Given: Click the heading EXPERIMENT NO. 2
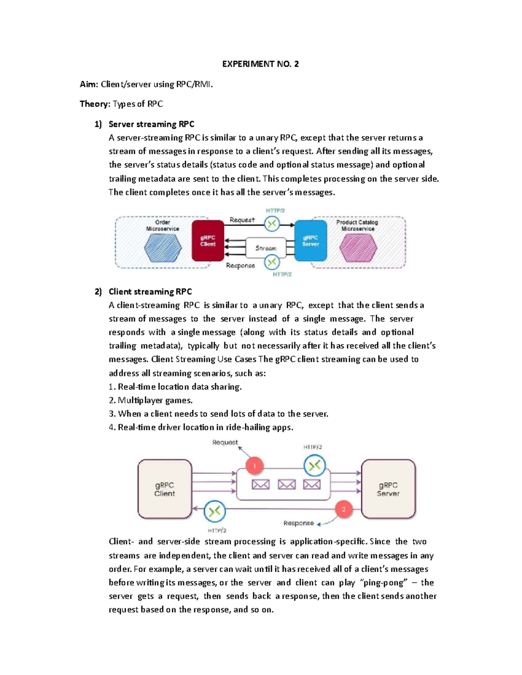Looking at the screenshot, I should click(x=260, y=64).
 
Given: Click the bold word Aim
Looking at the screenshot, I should click(x=89, y=84).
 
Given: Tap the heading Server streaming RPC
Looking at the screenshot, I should click(x=151, y=124).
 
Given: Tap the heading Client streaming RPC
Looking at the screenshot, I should click(x=150, y=292).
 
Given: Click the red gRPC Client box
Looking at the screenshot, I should click(x=208, y=241).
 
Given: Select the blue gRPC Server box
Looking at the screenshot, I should click(x=311, y=241).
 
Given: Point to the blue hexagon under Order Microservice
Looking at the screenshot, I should click(x=163, y=248).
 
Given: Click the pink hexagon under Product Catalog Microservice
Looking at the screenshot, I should click(x=358, y=248).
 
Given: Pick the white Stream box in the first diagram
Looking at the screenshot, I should click(x=266, y=248).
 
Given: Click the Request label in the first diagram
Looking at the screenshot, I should click(x=242, y=220).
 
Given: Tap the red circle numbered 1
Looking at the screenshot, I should click(x=255, y=466).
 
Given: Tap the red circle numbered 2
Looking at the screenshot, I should click(x=344, y=509).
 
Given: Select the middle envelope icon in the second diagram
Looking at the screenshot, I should click(x=287, y=484).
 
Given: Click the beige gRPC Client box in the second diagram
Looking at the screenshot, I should click(x=164, y=489).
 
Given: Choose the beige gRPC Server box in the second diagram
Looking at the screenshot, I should click(x=388, y=489).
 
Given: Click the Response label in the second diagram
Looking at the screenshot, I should click(x=298, y=523).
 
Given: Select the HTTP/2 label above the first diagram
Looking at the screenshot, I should click(x=275, y=210).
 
